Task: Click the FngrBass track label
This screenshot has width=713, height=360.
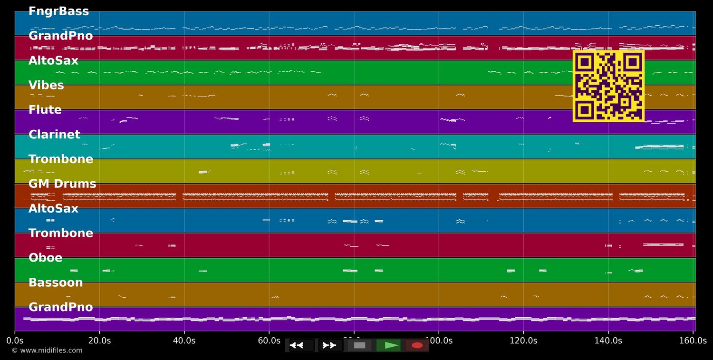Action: tap(58, 11)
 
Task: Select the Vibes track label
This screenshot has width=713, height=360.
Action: tap(46, 86)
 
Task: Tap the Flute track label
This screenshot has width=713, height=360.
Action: tap(45, 110)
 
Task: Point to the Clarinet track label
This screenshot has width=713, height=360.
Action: tap(54, 135)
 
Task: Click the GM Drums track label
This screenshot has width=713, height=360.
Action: tap(62, 184)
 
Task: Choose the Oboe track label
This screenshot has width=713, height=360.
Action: tap(46, 258)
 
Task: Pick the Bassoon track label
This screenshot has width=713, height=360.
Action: tap(56, 283)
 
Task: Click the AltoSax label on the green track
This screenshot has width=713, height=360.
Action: tap(53, 61)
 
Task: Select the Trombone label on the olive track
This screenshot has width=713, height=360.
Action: tap(61, 159)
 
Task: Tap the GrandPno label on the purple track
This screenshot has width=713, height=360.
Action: tap(61, 307)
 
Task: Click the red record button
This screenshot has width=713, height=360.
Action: tap(417, 345)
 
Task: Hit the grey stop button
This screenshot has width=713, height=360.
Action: tap(359, 345)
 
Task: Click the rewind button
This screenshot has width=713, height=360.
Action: tap(302, 345)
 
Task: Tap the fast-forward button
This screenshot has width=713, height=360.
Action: tap(330, 345)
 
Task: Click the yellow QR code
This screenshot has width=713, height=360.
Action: tap(608, 86)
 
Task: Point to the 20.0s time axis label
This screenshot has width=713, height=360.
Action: tap(99, 341)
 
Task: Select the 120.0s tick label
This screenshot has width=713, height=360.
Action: tap(523, 341)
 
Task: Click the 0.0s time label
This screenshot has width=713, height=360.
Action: tap(15, 341)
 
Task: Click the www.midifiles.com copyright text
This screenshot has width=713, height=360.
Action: tap(47, 350)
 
